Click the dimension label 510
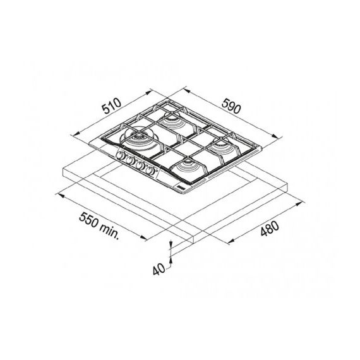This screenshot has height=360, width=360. [x=112, y=106]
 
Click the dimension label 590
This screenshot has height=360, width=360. [x=231, y=106]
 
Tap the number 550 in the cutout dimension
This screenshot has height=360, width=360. [x=88, y=220]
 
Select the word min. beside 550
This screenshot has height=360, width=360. [x=109, y=231]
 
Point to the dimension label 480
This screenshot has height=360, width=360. [x=270, y=229]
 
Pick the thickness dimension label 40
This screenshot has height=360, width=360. [x=159, y=269]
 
